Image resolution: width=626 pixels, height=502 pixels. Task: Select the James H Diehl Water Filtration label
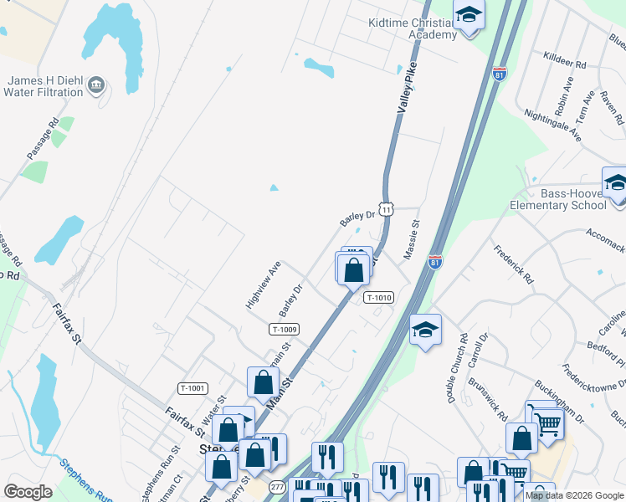pyautogui.click(x=46, y=86)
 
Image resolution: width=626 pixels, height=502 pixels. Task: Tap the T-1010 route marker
pyautogui.click(x=378, y=297)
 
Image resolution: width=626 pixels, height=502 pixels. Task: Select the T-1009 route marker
pyautogui.click(x=285, y=330)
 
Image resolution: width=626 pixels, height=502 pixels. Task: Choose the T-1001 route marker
pyautogui.click(x=192, y=387)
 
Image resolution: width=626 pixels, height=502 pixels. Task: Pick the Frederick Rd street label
pyautogui.click(x=513, y=263)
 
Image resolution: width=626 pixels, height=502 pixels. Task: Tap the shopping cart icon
pyautogui.click(x=547, y=423)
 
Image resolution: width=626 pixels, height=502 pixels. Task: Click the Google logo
pyautogui.click(x=28, y=492)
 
